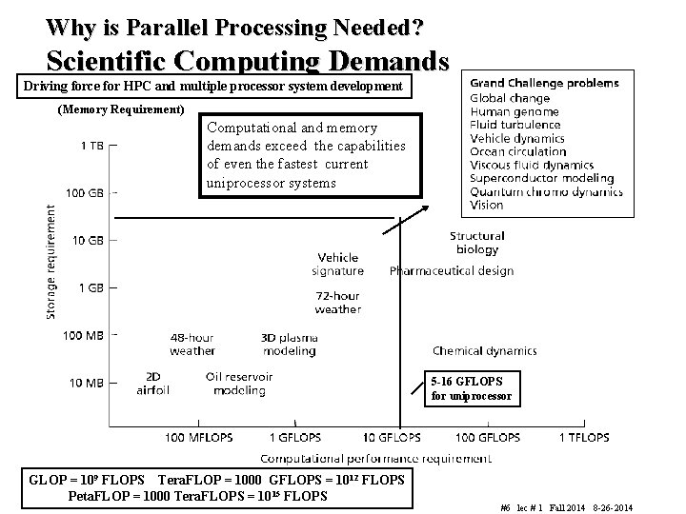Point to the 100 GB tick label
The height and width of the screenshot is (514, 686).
(x=85, y=193)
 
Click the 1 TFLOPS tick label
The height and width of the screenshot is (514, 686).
(x=584, y=437)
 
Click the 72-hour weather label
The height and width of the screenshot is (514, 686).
(x=337, y=303)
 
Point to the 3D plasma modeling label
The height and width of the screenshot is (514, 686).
(x=289, y=344)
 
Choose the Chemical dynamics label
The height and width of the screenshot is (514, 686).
(x=484, y=351)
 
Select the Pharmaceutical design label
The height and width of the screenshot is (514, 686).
(x=451, y=271)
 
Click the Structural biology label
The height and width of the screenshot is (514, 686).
(x=476, y=243)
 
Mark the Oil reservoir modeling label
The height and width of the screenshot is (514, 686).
(x=238, y=383)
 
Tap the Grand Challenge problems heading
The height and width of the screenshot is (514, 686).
(x=544, y=83)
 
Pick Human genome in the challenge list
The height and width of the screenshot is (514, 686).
(x=514, y=111)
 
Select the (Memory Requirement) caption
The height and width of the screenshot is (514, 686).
(x=121, y=110)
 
